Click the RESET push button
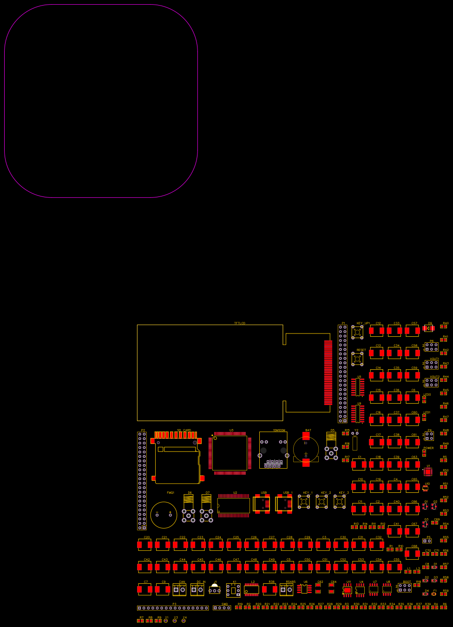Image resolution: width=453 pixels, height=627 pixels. point(357,359)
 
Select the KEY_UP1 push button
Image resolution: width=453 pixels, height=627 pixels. point(357,332)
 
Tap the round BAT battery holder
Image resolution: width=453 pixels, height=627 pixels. point(306,450)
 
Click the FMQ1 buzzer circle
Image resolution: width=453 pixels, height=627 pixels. point(164,515)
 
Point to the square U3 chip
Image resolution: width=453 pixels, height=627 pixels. point(230,453)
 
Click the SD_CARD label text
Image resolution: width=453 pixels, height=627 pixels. point(184,431)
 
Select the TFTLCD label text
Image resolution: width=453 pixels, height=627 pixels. point(239,323)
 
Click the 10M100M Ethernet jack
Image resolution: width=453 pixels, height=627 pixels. point(273,450)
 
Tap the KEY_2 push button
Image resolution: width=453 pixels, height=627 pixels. point(322,502)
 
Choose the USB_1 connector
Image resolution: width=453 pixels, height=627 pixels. point(284,504)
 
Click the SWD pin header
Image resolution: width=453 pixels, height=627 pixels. point(222,608)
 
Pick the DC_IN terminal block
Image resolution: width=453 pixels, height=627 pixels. point(197,590)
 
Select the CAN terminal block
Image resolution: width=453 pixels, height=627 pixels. point(179,590)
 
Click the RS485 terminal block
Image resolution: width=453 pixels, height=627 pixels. point(286,590)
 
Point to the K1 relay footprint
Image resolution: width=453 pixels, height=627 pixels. point(233,590)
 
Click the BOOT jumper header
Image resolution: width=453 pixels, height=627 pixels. point(404,588)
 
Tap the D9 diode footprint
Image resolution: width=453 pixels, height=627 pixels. point(429,328)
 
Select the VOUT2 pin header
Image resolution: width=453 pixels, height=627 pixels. point(431,383)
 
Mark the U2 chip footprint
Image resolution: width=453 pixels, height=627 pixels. point(233,505)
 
